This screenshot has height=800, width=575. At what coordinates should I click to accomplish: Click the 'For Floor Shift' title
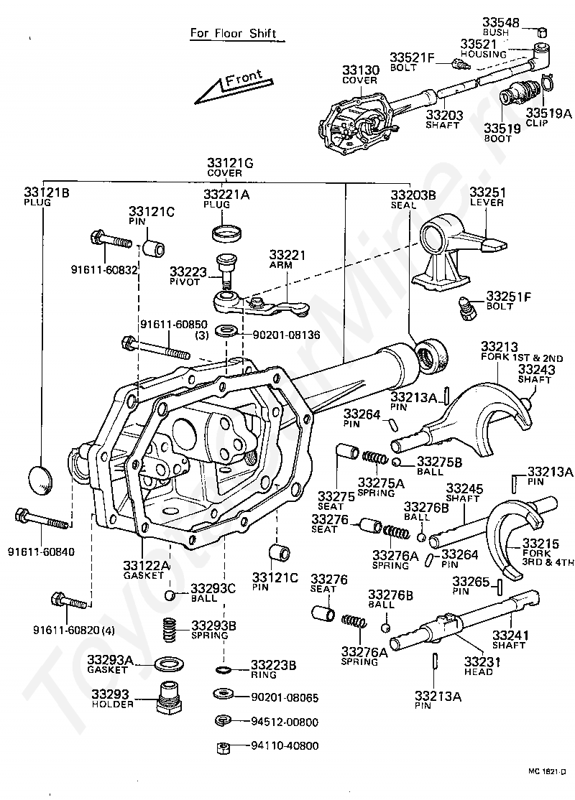[x=233, y=34]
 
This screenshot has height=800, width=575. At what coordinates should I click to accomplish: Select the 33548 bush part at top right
[x=543, y=32]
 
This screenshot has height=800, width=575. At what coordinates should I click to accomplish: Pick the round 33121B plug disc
[x=40, y=480]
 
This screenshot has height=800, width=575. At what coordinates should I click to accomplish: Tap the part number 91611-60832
[x=105, y=270]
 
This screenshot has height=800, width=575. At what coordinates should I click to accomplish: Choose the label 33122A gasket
[x=146, y=569]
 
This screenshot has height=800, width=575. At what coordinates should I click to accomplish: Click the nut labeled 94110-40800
[x=223, y=748]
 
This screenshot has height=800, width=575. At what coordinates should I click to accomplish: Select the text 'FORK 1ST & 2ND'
[x=522, y=358]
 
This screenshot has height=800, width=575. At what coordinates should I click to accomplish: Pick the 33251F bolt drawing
[x=465, y=307]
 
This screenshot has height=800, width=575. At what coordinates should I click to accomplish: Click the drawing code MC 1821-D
[x=547, y=772]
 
